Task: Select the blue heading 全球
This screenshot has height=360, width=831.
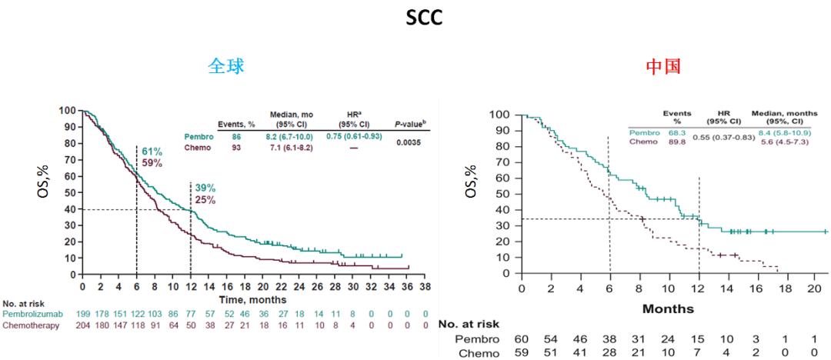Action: pyautogui.click(x=226, y=67)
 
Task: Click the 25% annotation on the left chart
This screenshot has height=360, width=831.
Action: pyautogui.click(x=205, y=200)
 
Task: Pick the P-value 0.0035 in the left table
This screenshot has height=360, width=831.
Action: pyautogui.click(x=409, y=142)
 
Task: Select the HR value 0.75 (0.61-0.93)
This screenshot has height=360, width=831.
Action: pyautogui.click(x=350, y=136)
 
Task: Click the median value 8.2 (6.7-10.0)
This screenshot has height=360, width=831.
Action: pyautogui.click(x=289, y=136)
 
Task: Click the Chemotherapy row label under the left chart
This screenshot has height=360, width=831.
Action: pyautogui.click(x=34, y=325)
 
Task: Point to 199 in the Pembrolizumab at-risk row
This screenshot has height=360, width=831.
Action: pyautogui.click(x=83, y=314)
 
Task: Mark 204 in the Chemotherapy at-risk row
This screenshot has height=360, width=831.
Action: pyautogui.click(x=83, y=325)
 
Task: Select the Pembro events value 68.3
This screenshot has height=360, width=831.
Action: pyautogui.click(x=677, y=132)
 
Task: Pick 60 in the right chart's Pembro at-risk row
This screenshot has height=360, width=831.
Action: pyautogui.click(x=521, y=338)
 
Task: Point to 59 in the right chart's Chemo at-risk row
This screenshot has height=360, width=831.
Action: pyautogui.click(x=521, y=352)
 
